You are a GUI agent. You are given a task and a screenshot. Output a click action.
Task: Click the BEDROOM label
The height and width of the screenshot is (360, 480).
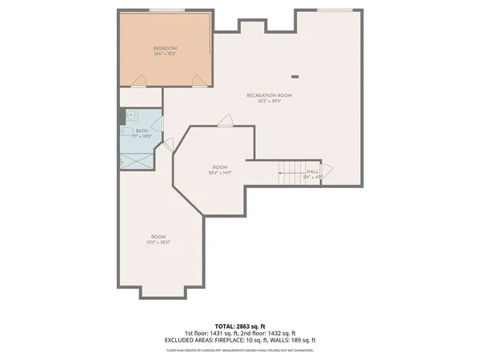165,49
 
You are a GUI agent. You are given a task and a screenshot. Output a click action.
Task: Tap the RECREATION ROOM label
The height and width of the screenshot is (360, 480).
269,95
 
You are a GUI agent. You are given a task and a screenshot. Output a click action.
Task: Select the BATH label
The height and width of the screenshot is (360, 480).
141,130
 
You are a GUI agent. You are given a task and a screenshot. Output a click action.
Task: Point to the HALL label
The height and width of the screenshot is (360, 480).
312,170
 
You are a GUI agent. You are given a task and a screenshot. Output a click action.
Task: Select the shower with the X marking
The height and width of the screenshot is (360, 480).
140,158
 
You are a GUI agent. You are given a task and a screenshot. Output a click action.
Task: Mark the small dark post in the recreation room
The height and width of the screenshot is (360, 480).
295,77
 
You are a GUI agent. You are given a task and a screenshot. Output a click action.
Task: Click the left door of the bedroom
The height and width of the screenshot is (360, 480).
140,80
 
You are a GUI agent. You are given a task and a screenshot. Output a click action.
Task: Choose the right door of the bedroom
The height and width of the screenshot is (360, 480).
198,79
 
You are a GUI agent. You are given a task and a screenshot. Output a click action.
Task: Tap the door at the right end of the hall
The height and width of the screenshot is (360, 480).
327,171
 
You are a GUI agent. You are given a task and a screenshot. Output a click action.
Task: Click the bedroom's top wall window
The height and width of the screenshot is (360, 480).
166,10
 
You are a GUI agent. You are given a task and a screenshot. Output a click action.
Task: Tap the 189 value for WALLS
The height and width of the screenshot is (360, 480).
296,339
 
